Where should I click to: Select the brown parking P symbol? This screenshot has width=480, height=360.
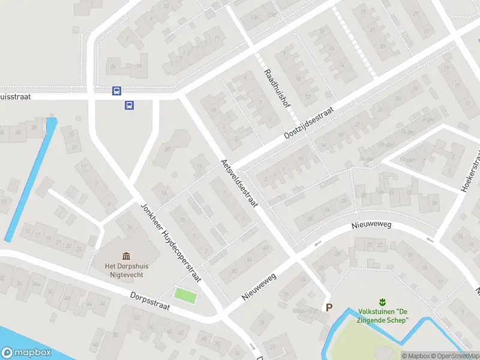[x=328, y=307]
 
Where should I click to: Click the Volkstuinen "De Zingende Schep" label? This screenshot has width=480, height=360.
[x=383, y=316]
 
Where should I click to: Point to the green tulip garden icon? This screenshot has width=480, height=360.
[x=382, y=301]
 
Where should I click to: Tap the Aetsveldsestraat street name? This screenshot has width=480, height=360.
[x=239, y=184]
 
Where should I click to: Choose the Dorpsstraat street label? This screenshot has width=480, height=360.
[x=150, y=301]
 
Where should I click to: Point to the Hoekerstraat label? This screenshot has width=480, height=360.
[x=470, y=172]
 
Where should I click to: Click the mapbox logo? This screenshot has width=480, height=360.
[x=25, y=353]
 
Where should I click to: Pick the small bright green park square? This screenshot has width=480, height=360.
[x=185, y=295]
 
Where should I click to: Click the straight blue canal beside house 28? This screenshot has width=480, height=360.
[x=30, y=180]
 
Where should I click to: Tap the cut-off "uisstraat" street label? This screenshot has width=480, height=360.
[x=15, y=95]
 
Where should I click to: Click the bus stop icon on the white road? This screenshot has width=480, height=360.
[x=116, y=91]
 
